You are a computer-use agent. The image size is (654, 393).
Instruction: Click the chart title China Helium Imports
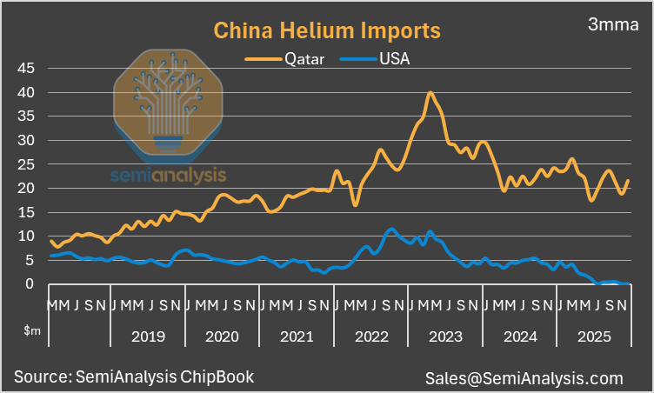(x=327, y=31)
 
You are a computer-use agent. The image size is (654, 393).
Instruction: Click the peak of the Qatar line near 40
(x=430, y=93)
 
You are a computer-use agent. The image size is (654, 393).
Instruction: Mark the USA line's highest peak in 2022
(x=391, y=230)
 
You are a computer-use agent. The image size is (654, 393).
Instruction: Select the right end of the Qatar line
(x=628, y=181)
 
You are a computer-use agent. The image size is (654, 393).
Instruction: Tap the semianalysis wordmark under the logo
(x=168, y=177)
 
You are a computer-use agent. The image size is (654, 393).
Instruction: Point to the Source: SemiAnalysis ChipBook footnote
(x=134, y=376)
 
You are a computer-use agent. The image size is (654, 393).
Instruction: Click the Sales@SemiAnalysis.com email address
(x=524, y=378)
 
